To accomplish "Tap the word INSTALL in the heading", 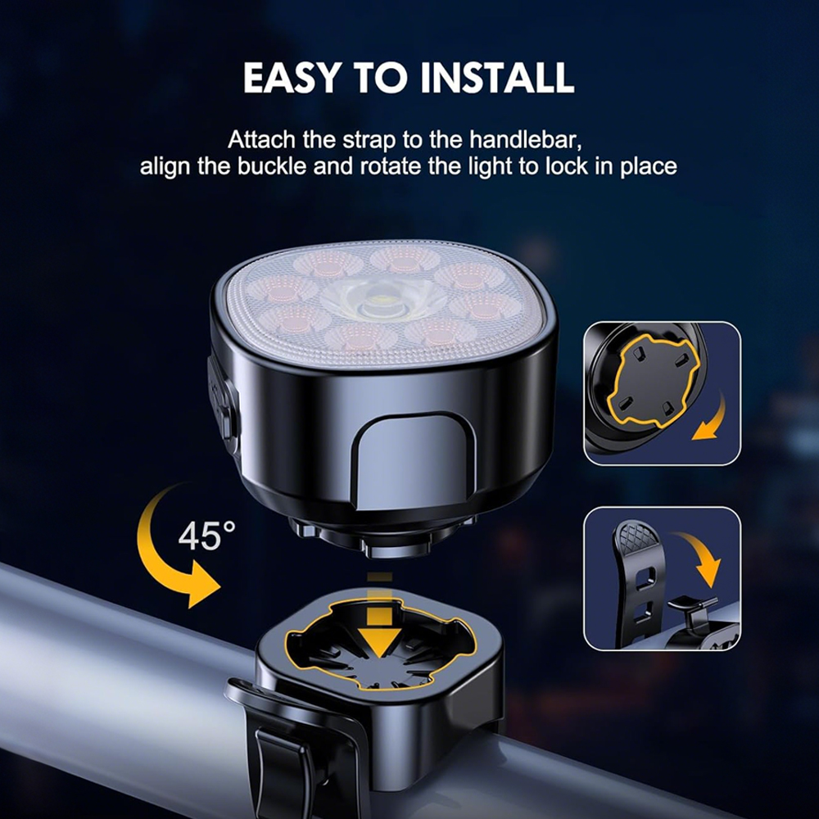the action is click(497, 78).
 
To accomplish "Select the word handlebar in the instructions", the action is click(525, 140).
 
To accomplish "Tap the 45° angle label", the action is click(206, 536).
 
